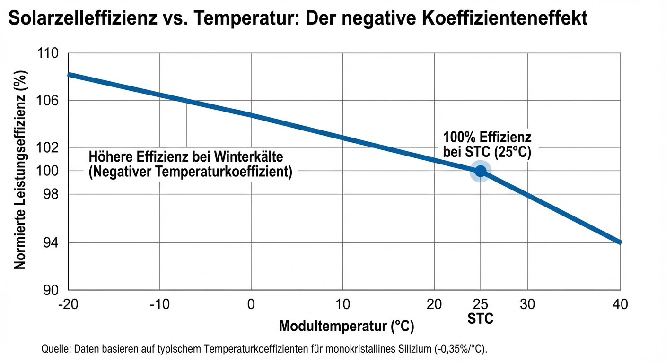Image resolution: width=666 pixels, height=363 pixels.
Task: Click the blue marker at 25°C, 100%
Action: [480, 172]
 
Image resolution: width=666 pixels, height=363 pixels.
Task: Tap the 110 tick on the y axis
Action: [48, 53]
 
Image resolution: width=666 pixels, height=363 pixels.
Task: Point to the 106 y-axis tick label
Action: [48, 101]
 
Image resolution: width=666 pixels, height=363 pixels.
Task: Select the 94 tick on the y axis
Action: [51, 243]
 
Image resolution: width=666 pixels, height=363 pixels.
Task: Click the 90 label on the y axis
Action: [51, 290]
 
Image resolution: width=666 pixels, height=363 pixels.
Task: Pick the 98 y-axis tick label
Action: [51, 194]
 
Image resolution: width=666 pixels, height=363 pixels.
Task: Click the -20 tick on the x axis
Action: [68, 304]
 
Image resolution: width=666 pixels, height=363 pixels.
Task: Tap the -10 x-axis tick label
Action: [159, 304]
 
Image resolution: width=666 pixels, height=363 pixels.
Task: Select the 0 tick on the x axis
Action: [251, 304]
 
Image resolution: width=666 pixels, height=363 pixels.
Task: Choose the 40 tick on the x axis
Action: [620, 304]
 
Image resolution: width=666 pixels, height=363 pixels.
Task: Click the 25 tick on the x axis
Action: [480, 304]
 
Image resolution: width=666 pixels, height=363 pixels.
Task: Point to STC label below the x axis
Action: [480, 319]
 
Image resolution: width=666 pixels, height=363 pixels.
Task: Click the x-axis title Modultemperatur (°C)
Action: [347, 326]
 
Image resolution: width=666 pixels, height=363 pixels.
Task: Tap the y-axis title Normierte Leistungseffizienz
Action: [20, 170]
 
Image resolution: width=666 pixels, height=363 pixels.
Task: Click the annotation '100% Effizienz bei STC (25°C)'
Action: [487, 145]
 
